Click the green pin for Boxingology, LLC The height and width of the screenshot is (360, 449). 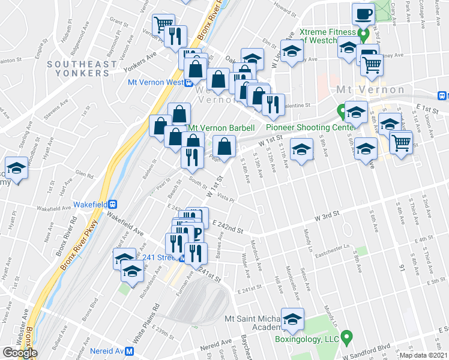click(346, 338)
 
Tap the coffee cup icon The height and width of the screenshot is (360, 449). click(362, 13)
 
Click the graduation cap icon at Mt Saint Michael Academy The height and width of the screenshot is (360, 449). click(292, 319)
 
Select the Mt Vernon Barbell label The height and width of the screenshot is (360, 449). click(221, 128)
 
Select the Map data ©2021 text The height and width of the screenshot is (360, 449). click(423, 355)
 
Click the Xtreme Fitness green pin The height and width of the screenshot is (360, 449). click(363, 34)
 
